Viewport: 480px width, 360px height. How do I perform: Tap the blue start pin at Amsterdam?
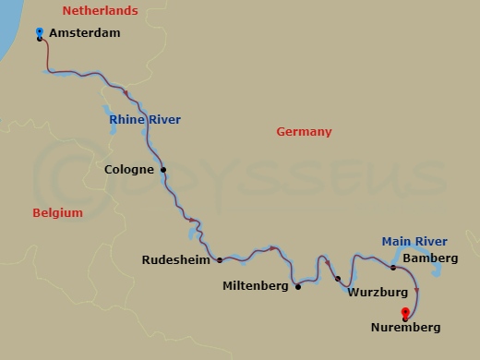39,33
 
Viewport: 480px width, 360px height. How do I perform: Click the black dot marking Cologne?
163,170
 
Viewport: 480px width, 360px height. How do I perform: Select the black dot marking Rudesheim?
220,260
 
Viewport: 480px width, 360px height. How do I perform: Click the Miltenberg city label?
257,286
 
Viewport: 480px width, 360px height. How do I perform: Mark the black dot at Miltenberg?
298,286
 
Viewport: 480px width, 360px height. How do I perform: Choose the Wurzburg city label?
378,293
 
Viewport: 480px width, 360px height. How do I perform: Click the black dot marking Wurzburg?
338,279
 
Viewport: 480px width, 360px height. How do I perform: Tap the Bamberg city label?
430,258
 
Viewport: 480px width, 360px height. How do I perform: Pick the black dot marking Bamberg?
393,268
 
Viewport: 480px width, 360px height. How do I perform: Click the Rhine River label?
145,120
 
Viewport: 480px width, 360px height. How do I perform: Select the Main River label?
414,242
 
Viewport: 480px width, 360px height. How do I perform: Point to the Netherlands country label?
100,11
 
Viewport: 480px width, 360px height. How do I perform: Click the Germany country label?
304,132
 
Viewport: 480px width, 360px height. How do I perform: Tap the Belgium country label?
57,213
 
